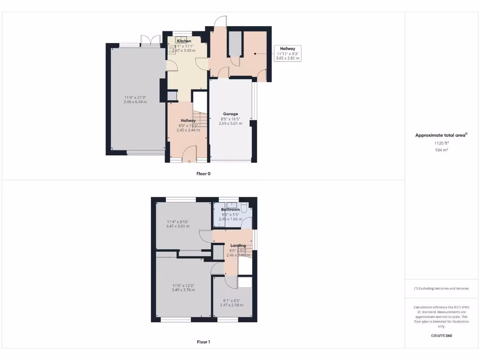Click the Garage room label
(230, 114)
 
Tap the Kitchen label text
(184, 41)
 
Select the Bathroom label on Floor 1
(230, 210)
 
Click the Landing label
(238, 246)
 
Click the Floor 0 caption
(203, 173)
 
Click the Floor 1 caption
(203, 342)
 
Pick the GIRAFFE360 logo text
(441, 336)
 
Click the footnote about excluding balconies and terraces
(441, 288)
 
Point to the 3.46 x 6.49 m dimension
(135, 102)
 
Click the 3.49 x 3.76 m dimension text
(183, 290)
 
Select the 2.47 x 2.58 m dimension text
(232, 305)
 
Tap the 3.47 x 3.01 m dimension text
(178, 226)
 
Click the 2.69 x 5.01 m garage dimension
(230, 124)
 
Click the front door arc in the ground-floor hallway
(190, 152)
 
